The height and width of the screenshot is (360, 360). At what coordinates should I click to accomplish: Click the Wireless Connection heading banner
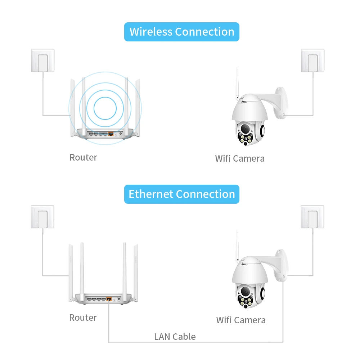tap(182, 32)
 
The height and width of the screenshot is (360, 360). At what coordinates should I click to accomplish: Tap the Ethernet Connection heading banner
tap(182, 194)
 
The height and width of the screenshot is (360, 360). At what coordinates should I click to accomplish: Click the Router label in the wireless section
tap(83, 157)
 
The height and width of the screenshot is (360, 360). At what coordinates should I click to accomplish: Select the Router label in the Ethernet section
tap(83, 318)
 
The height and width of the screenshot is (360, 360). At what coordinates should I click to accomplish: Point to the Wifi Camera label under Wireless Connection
tap(240, 158)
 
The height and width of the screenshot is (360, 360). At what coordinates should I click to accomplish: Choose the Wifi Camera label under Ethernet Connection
tap(241, 320)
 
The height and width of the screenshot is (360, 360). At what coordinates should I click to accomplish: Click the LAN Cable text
tap(175, 337)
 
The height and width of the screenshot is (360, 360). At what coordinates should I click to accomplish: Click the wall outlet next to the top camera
tap(312, 60)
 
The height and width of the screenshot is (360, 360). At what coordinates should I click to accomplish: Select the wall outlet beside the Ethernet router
tap(42, 217)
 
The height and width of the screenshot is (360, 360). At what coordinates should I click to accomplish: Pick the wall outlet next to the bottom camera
tap(312, 217)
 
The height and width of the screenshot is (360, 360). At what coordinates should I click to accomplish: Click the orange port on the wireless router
tap(111, 134)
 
